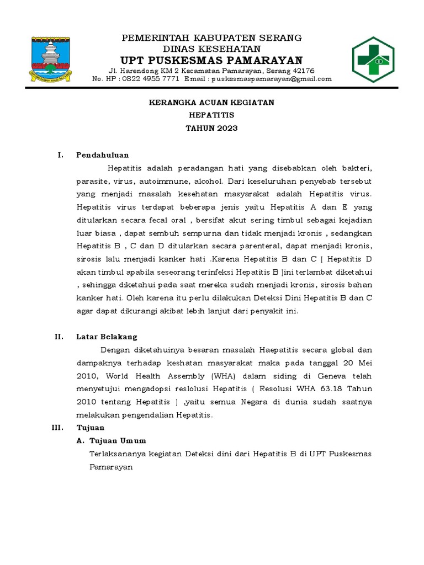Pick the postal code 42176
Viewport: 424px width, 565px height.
[x=303, y=71]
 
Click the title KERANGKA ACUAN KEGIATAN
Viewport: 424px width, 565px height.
[x=213, y=103]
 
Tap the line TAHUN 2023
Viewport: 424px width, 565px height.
[x=213, y=128]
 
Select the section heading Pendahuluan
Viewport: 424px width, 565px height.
[x=103, y=155]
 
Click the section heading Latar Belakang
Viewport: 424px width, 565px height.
[x=107, y=337]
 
